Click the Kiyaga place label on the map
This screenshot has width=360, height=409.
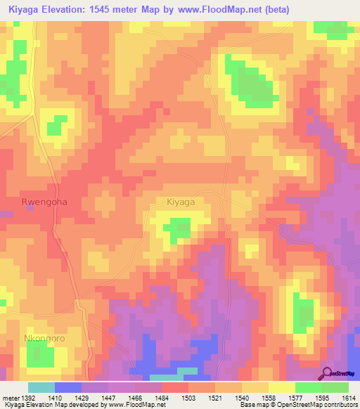(x=181, y=202)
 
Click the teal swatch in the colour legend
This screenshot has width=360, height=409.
(x=41, y=387)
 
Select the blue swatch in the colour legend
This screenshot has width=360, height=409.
(x=67, y=387)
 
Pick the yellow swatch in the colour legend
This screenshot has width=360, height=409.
(x=281, y=387)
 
